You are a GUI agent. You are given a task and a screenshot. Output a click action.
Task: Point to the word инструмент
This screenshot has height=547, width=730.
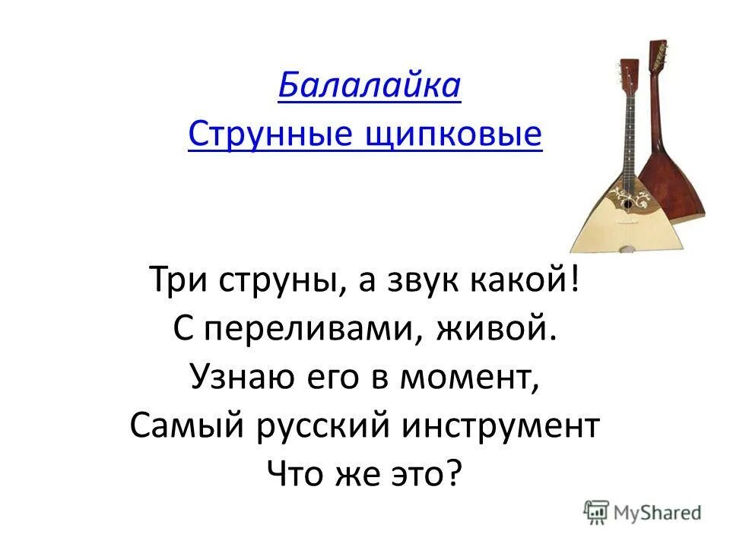[x=500, y=425]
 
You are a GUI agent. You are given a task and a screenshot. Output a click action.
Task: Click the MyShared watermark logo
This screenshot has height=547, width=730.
[x=643, y=511]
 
